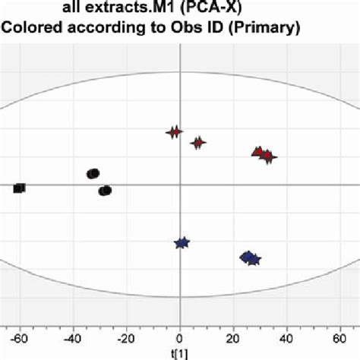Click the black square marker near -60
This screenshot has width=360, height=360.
19,188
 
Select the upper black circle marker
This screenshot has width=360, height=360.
93,174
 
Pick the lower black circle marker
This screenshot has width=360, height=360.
105,191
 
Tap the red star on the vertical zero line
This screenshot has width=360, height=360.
174,133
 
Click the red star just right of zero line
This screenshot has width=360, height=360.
198,143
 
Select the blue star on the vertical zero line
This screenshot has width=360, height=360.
182,243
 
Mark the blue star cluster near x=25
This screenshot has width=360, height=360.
250,259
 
